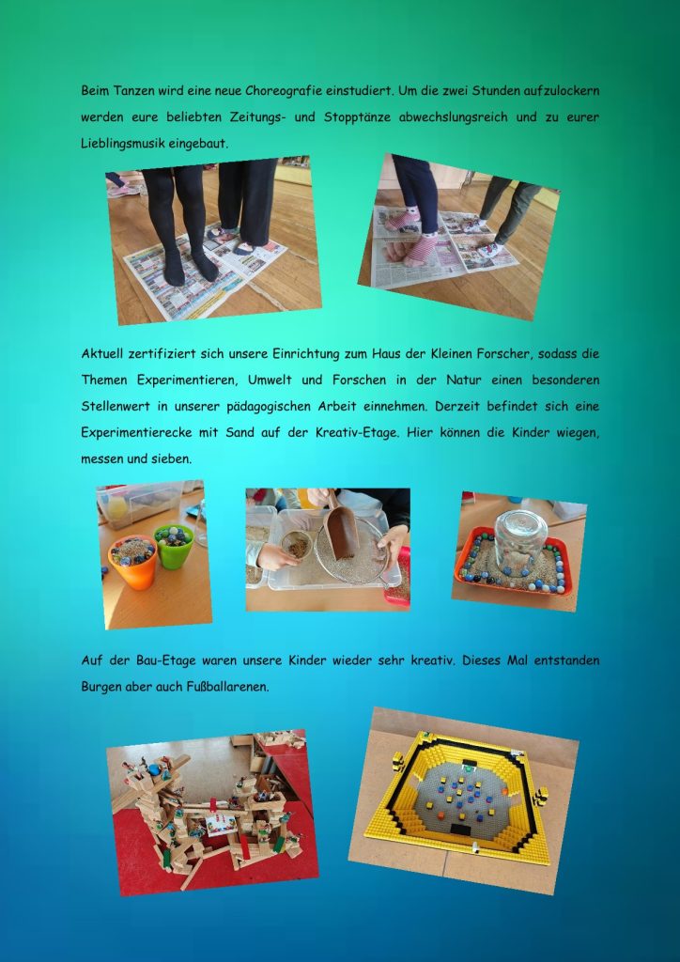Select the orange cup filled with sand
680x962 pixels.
coord(132,562)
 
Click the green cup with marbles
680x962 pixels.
coord(174,546)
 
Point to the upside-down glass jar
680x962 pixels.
coord(520,542)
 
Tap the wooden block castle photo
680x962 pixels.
coord(212,813)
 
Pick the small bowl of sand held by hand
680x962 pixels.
coord(297,545)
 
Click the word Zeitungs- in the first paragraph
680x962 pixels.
coord(257,117)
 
